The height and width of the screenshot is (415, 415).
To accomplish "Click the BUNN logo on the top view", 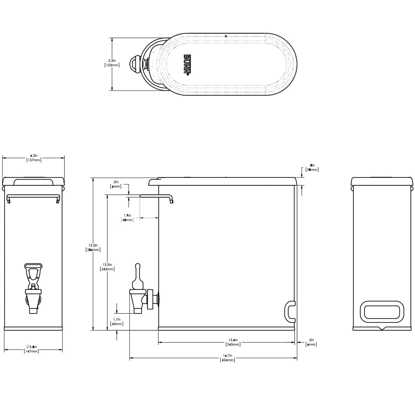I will pos(186,64).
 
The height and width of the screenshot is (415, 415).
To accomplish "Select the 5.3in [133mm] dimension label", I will pos(112,63).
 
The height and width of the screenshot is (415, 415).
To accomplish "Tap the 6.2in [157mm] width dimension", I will pos(34,158).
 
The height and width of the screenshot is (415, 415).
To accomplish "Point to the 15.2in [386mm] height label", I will pos(93,247).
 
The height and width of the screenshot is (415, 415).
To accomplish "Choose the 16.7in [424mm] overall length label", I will pos(227,358).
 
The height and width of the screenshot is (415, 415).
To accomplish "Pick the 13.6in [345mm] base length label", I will pos(233,342).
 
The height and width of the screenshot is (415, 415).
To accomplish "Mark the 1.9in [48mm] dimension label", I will pos(128,217).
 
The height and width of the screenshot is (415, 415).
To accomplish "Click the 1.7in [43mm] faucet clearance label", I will pos(117,321).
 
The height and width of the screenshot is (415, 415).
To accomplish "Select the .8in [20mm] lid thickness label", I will pos(312,167).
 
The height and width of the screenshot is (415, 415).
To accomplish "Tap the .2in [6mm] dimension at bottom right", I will pos(311,342).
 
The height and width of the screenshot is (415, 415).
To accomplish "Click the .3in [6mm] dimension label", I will pos(116,184).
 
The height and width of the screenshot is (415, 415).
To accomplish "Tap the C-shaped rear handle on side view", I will pos(289,311).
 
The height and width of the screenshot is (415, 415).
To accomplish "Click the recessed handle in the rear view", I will pos(382,312).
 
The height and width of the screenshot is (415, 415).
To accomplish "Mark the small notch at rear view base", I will pos(382,329).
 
